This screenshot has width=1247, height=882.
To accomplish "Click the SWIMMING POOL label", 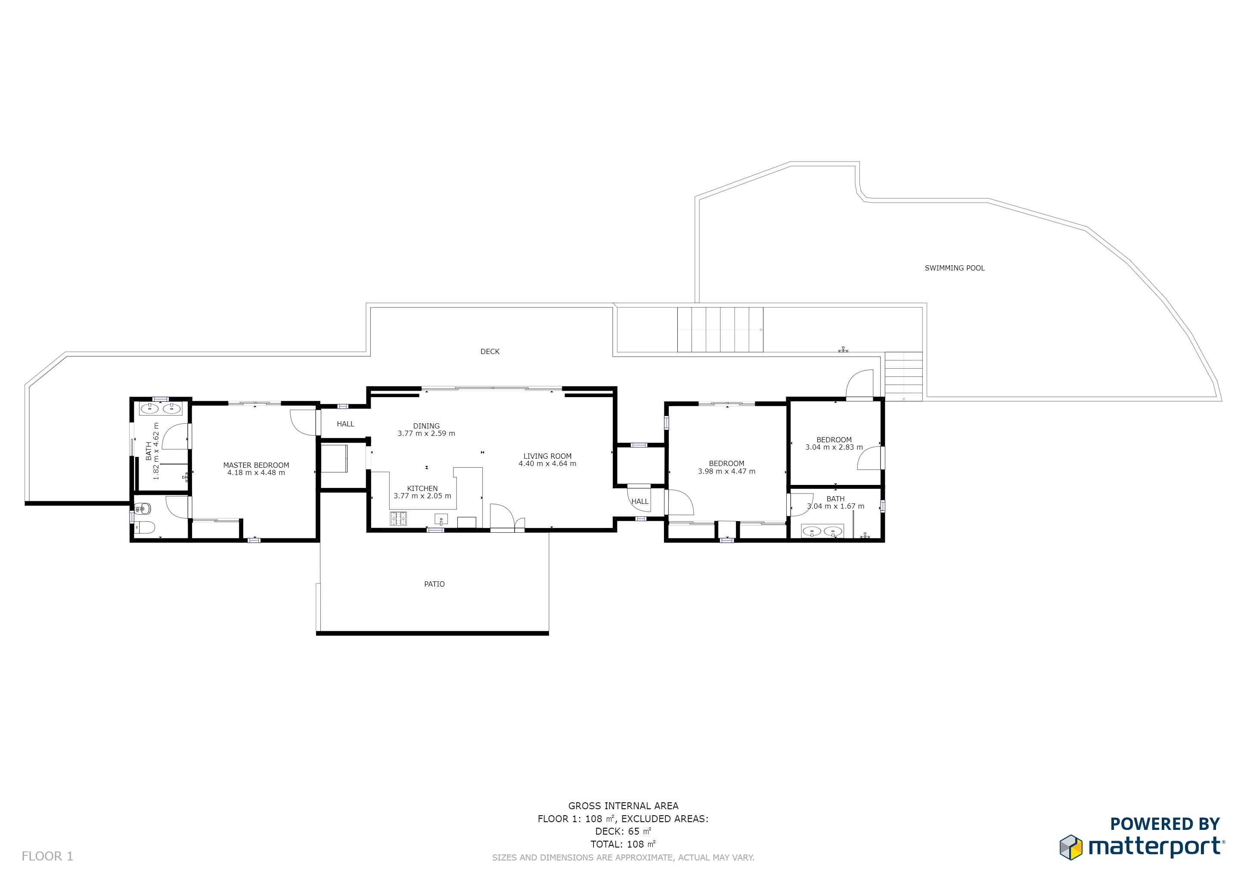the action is [954, 268].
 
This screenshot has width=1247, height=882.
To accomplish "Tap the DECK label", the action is [490, 351].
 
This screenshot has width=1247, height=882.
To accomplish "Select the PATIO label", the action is [434, 584].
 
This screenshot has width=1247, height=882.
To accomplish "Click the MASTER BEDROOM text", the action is [256, 465].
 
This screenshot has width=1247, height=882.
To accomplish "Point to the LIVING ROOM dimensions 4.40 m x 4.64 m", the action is [547, 464].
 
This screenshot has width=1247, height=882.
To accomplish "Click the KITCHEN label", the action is [422, 488].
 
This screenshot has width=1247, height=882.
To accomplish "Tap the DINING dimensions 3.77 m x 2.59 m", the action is [426, 433].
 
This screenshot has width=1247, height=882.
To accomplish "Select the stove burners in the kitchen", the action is [398, 519].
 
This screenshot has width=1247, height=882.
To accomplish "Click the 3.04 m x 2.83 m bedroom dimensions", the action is [834, 447].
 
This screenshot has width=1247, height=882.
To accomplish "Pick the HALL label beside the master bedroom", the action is [345, 424].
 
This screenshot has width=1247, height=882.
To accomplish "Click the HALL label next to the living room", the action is [640, 501].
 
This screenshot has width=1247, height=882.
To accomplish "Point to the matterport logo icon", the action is [1070, 847].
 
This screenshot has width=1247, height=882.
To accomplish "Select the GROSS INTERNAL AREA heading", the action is [623, 806].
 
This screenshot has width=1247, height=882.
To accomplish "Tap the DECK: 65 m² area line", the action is [623, 832].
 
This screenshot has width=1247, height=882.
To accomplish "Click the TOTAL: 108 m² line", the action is [623, 845].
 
